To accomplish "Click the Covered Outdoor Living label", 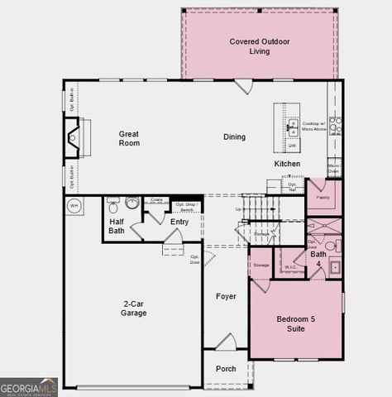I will [259, 46].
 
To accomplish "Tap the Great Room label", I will [129, 138].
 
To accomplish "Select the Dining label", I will [234, 137].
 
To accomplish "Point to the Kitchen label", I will [288, 164].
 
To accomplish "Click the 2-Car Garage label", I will [133, 308].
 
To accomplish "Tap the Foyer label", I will [226, 296].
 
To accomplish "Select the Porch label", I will [226, 369].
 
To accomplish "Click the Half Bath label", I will [117, 226].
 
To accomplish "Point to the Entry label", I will [179, 222].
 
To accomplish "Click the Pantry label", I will [323, 198].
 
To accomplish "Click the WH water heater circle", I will [74, 206].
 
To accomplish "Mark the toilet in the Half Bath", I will [112, 201].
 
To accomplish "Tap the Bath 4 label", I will [318, 259].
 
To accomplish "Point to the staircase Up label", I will [239, 209].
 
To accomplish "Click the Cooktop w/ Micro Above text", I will [313, 127].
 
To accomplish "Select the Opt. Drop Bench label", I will [185, 207].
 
